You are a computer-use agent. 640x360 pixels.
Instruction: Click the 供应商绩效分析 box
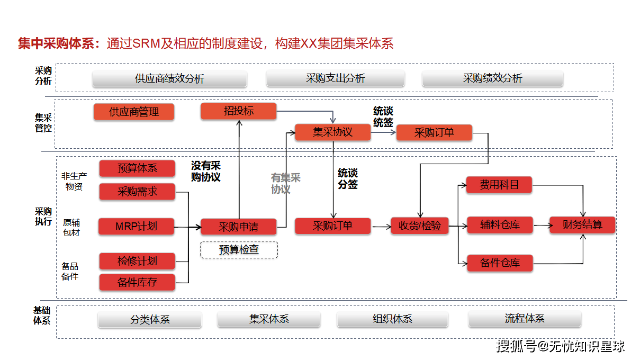coord(169,79)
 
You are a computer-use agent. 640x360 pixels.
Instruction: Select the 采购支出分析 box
coord(335,78)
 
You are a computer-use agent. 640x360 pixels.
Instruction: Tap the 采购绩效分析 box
coord(492,78)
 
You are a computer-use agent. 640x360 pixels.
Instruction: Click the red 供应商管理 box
coord(134,112)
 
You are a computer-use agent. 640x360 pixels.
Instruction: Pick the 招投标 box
coord(239,111)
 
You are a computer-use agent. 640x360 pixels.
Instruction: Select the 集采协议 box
coord(332,132)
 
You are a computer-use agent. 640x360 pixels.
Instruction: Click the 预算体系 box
coord(137,168)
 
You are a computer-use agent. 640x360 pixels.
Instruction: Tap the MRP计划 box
coord(137,227)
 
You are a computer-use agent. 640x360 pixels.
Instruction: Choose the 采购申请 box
coord(239,227)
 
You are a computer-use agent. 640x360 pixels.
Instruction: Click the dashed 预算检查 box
coord(239,249)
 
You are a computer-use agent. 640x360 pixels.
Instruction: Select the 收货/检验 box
coord(420,226)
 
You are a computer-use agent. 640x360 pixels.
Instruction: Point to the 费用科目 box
coord(499,185)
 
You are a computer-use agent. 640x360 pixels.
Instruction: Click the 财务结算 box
coord(582,225)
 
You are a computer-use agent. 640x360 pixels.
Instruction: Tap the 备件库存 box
coord(137,282)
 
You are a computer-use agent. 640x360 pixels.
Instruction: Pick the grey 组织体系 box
coord(392,319)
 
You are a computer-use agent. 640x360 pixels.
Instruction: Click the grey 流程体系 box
coord(525,319)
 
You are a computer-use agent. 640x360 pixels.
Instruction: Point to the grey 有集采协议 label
coord(285,184)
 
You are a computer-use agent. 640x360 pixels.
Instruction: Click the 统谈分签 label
coord(348,179)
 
